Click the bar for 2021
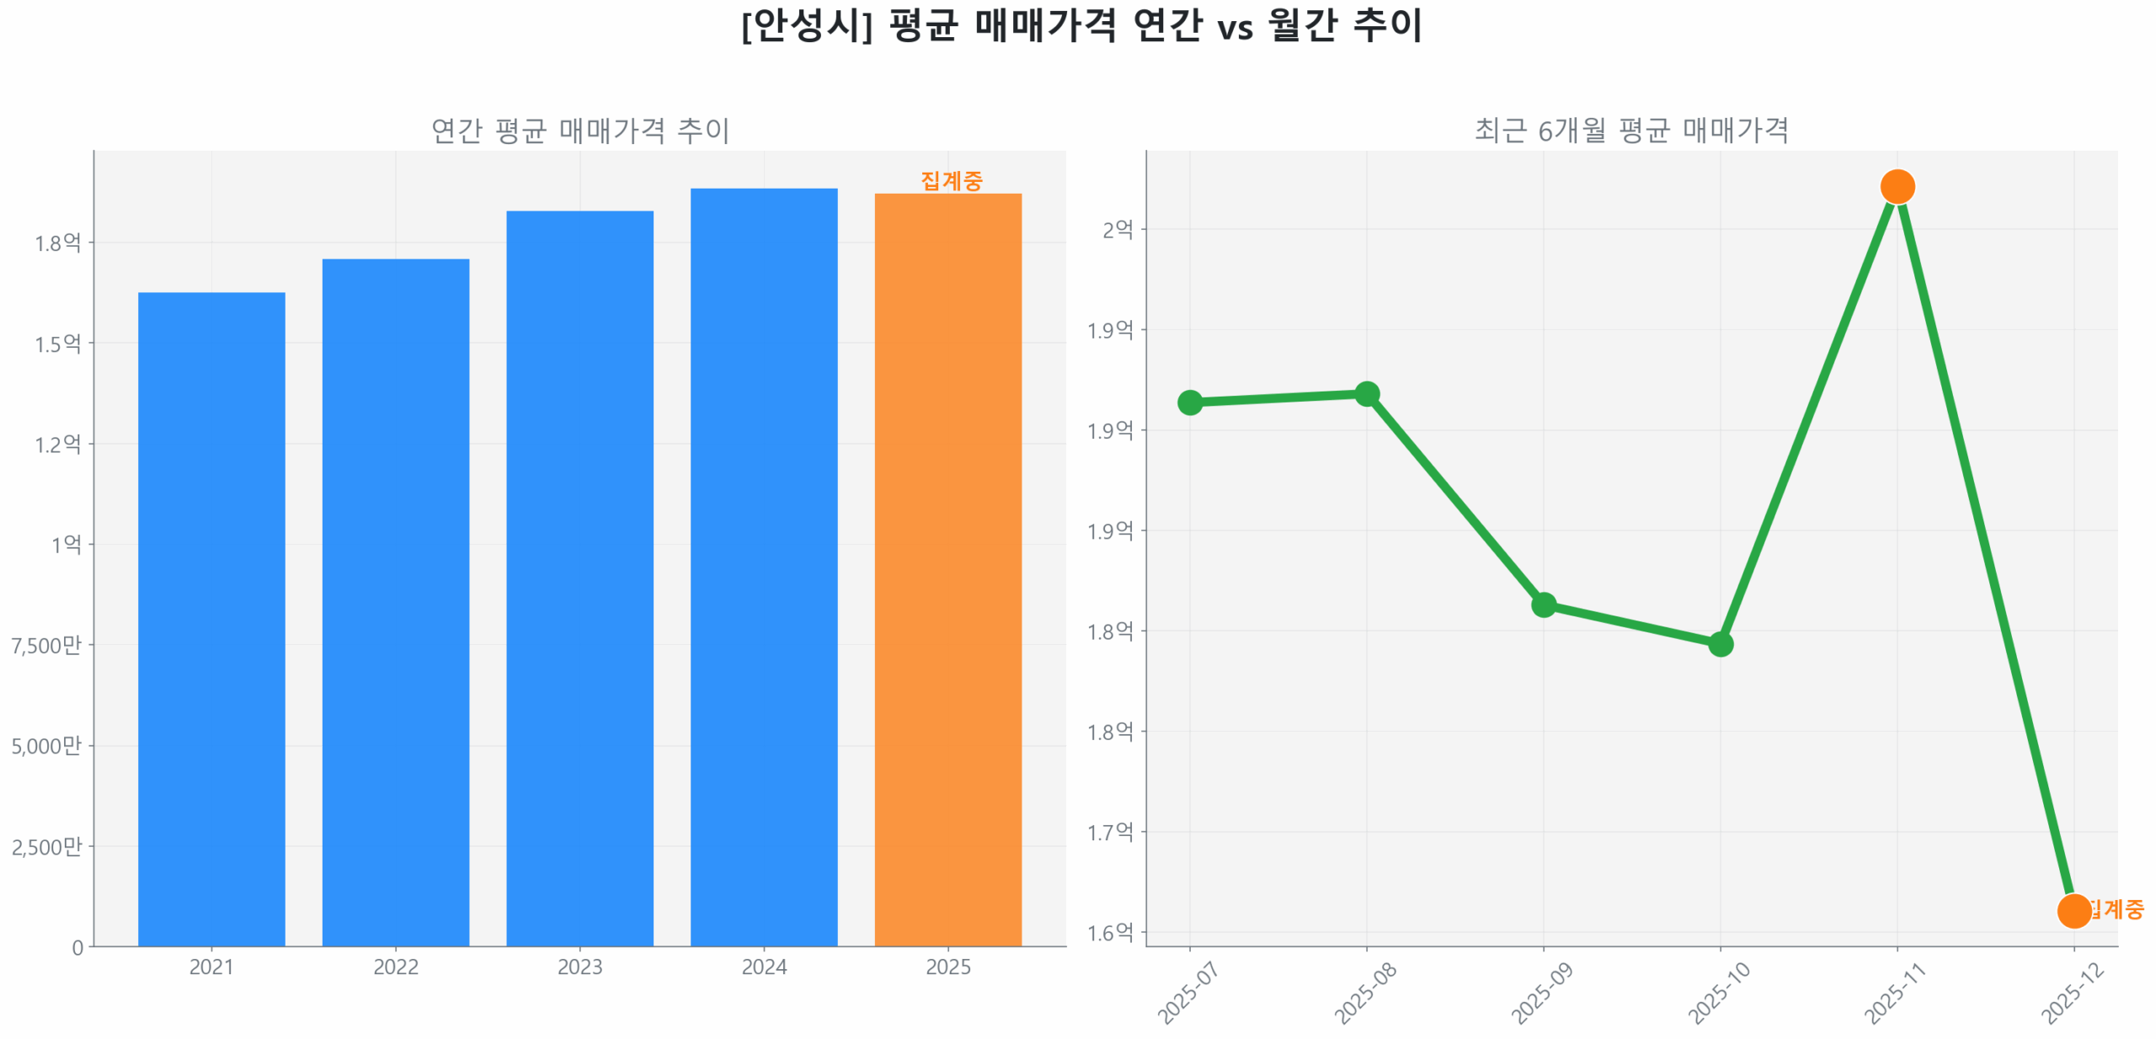click(211, 619)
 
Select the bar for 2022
click(395, 602)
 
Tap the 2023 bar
click(579, 578)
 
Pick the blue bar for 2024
click(763, 567)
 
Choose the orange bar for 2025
click(947, 569)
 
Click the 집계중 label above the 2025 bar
click(951, 180)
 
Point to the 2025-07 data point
click(1189, 402)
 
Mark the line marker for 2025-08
click(1366, 393)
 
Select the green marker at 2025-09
click(1543, 604)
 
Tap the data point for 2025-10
click(1720, 644)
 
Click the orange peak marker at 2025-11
click(1897, 186)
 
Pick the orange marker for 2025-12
click(2073, 910)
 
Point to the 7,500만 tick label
click(46, 645)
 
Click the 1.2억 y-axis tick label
click(57, 444)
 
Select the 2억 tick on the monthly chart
click(1118, 229)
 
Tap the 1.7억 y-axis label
click(1110, 832)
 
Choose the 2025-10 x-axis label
click(1718, 993)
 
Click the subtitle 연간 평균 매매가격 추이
click(579, 131)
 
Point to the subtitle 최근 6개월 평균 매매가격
click(1630, 131)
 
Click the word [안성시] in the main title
click(806, 25)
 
